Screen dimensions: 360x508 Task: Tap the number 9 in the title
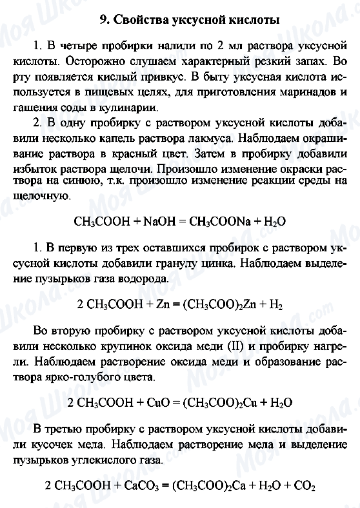(x=103, y=20)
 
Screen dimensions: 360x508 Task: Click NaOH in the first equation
(x=154, y=221)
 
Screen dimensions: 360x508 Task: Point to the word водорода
(x=130, y=279)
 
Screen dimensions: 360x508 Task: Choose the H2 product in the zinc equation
(x=275, y=304)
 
